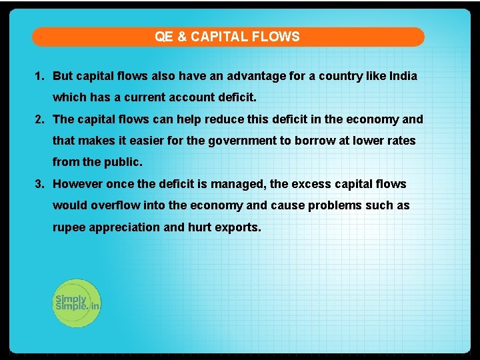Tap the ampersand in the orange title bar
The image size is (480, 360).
[x=182, y=37]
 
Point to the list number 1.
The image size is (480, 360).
[x=38, y=76]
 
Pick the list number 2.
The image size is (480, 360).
[x=38, y=119]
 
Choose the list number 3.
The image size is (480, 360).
[x=38, y=184]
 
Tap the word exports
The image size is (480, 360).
[x=240, y=227]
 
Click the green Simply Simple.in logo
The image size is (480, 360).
[x=76, y=303]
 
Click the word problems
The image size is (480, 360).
[x=333, y=205]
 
